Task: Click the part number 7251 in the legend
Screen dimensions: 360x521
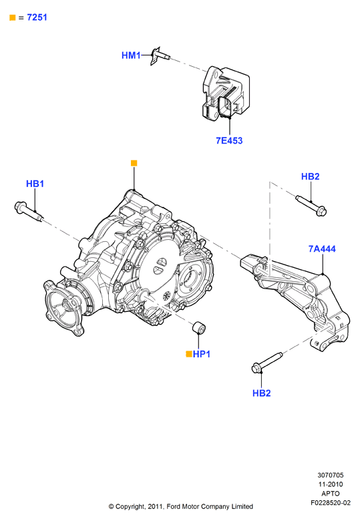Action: (37, 17)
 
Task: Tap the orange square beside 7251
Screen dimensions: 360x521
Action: (13, 17)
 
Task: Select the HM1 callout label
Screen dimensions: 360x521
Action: (131, 55)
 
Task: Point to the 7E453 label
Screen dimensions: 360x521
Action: (229, 140)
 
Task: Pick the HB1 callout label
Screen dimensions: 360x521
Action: (35, 184)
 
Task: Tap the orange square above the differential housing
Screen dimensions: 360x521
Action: (134, 163)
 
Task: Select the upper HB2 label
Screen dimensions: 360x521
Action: (310, 176)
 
